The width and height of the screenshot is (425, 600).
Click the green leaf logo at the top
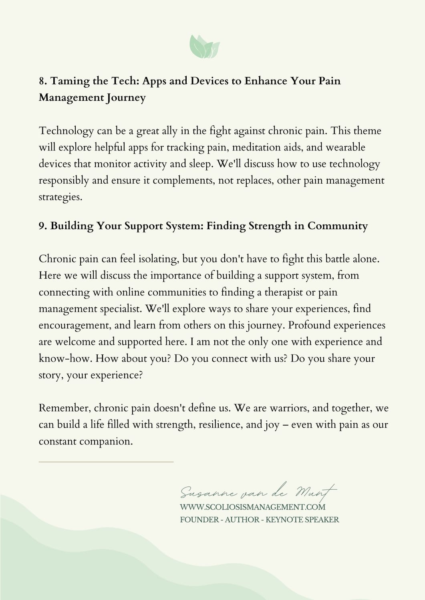click(x=204, y=46)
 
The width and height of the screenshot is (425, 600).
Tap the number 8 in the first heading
click(x=42, y=81)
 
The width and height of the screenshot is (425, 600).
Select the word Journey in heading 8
click(x=126, y=98)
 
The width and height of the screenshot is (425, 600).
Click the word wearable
click(x=345, y=147)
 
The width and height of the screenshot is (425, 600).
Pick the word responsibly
click(x=64, y=181)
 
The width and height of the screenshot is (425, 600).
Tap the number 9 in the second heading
click(x=42, y=226)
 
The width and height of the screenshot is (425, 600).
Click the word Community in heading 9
click(x=337, y=226)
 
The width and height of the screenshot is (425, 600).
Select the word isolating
click(x=158, y=259)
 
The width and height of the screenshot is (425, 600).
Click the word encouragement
click(x=74, y=326)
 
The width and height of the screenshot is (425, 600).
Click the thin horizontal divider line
click(x=106, y=462)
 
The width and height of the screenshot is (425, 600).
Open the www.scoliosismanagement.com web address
click(x=253, y=507)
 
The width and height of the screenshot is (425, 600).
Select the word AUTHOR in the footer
click(x=242, y=520)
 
